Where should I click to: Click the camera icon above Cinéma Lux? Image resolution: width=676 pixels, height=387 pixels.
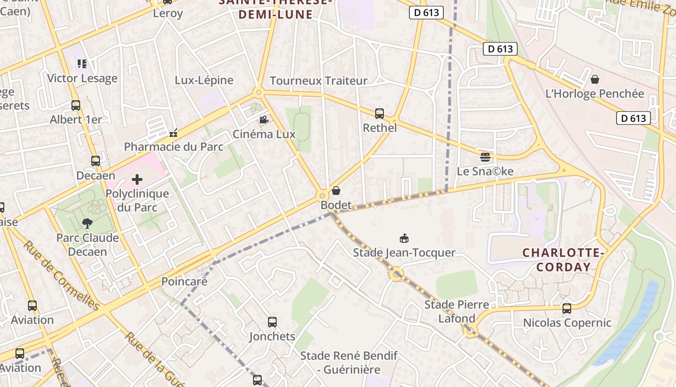tap(264, 119)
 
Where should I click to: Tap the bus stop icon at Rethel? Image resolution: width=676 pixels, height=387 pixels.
tap(380, 114)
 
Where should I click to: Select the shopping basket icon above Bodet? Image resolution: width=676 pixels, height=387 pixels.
tap(336, 191)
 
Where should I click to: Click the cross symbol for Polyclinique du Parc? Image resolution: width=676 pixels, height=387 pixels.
tap(137, 180)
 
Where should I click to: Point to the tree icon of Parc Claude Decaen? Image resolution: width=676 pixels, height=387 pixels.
tap(87, 223)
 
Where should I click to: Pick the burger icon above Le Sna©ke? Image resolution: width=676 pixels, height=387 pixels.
tap(485, 157)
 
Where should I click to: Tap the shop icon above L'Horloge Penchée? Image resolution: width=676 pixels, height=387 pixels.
tap(595, 79)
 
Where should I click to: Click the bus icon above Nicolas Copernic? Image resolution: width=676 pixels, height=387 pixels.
tap(567, 308)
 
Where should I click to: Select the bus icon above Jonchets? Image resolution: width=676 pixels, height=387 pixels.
tap(272, 322)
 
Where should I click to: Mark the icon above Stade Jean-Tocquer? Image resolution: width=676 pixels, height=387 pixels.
tap(404, 238)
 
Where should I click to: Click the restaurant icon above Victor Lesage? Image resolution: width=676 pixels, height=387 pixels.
tap(82, 64)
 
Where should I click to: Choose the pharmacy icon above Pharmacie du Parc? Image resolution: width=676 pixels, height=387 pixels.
tap(174, 133)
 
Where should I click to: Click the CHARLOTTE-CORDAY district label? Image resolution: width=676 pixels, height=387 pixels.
tap(563, 260)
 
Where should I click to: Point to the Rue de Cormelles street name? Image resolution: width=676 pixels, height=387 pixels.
tap(61, 276)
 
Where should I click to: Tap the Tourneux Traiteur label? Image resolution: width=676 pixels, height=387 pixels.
tap(318, 81)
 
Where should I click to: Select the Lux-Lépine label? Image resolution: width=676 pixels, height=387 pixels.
tap(204, 80)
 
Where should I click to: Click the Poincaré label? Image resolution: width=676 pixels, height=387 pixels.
tap(184, 282)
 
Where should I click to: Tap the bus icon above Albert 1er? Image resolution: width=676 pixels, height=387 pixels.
tap(76, 105)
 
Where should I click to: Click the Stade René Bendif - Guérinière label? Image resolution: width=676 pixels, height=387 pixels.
tap(349, 363)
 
